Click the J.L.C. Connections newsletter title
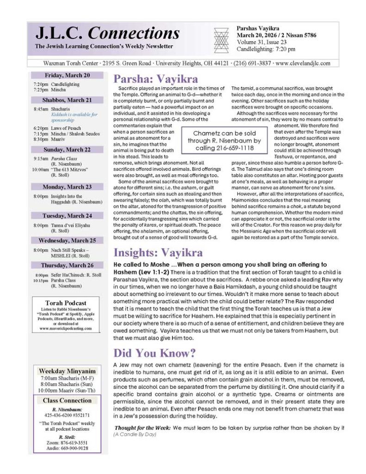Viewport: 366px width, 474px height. coord(107,33)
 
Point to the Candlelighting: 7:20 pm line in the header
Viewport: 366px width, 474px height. coord(266,49)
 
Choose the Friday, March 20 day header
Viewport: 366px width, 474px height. coord(68,75)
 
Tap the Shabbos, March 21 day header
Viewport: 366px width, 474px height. coord(68,100)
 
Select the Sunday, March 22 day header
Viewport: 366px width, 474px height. coord(68,150)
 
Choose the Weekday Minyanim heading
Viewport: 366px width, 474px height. coord(68,371)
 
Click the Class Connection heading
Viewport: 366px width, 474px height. coord(68,400)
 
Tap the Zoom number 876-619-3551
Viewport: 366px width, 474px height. coord(72,443)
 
